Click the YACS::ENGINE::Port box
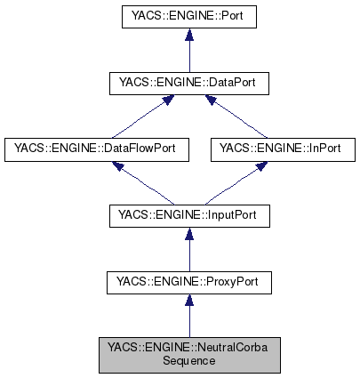click(187, 15)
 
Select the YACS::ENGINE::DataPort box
click(187, 83)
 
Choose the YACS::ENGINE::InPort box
click(276, 149)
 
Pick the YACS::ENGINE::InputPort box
click(187, 216)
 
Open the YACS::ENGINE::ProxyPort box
click(187, 283)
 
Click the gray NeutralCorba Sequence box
click(187, 355)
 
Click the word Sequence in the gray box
click(187, 362)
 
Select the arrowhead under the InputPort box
click(187, 235)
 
